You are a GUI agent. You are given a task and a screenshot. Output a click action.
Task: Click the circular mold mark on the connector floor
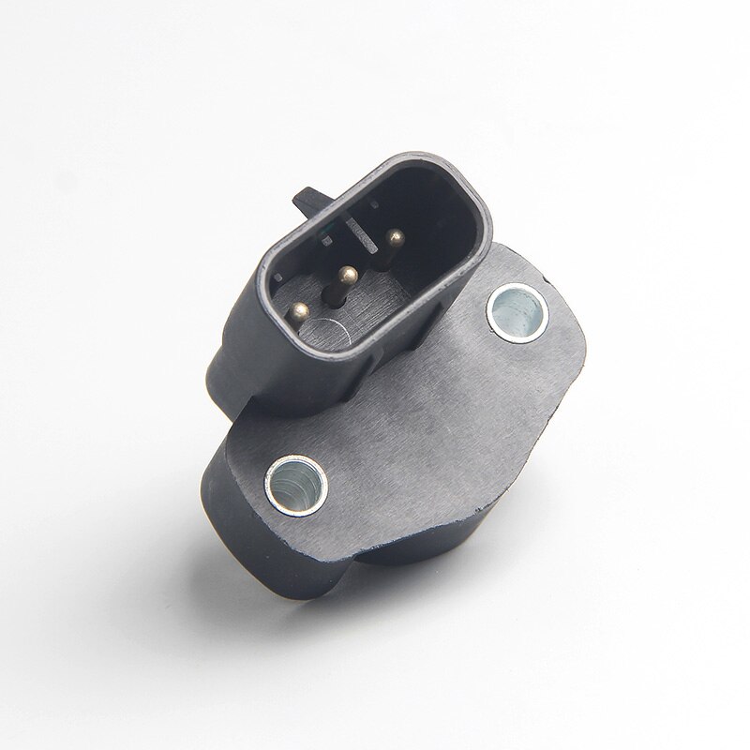click(334, 330)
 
